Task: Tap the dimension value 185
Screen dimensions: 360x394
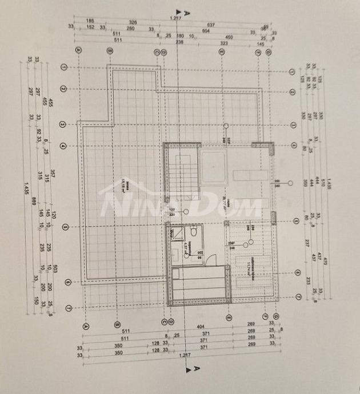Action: click(90, 20)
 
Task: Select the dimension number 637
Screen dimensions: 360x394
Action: click(211, 25)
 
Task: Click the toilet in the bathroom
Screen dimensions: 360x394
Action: click(194, 232)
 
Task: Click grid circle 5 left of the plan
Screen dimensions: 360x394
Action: click(64, 227)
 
